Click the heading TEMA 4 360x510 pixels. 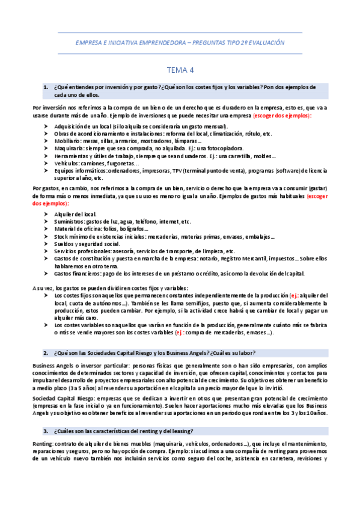pos(180,70)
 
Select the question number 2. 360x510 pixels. pos(46,352)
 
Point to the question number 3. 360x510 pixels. pos(46,431)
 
